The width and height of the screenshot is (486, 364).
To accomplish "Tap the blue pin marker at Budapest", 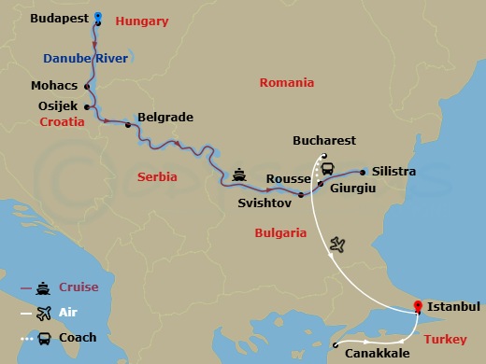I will pyautogui.click(x=98, y=18).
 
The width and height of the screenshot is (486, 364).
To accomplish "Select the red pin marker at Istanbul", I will pyautogui.click(x=419, y=306).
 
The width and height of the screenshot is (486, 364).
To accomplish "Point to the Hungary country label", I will pyautogui.click(x=142, y=21).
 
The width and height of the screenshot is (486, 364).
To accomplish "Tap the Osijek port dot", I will pyautogui.click(x=87, y=106).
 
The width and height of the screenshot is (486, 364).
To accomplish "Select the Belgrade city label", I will pyautogui.click(x=164, y=118).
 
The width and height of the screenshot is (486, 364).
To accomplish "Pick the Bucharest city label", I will pyautogui.click(x=323, y=141).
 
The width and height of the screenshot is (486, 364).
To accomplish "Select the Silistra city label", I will pyautogui.click(x=393, y=173).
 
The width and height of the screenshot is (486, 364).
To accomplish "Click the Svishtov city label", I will pyautogui.click(x=264, y=203).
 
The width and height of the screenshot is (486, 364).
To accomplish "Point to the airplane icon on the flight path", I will pyautogui.click(x=337, y=245).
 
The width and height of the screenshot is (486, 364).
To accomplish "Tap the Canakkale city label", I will pyautogui.click(x=377, y=355).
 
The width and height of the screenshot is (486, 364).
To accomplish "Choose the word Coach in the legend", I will pyautogui.click(x=78, y=336).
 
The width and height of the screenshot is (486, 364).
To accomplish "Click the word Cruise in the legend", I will pyautogui.click(x=79, y=288).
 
